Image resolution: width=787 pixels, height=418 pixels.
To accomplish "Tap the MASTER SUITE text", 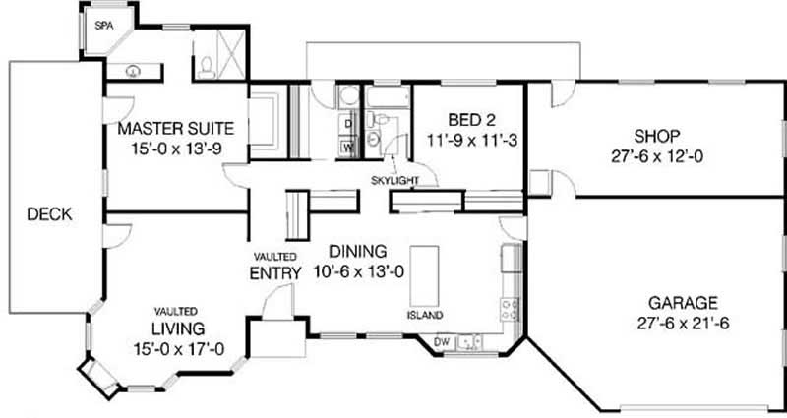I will tap(174, 129).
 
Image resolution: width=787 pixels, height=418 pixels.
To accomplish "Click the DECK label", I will tap(48, 214).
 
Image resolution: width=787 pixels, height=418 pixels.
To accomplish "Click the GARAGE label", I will tap(682, 302).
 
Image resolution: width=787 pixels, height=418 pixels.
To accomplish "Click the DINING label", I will tap(358, 251).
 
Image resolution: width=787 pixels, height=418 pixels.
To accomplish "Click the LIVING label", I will tap(177, 327).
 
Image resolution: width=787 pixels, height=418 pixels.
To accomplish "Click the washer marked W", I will tap(347, 148).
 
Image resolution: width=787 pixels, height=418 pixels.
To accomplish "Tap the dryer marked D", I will tap(347, 123).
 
